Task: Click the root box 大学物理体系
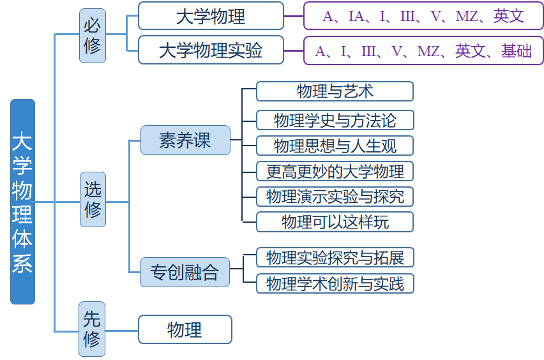[22, 201]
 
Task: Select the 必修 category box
[93, 36]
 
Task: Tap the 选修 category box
[93, 199]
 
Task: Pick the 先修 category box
[92, 329]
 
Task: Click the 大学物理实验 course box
[211, 50]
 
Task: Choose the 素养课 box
[185, 140]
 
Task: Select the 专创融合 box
[185, 273]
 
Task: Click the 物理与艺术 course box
[335, 91]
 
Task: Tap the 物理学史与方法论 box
[335, 120]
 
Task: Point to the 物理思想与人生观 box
[335, 146]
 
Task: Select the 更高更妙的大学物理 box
[335, 171]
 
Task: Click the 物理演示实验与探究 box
[335, 196]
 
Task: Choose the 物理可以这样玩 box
[335, 221]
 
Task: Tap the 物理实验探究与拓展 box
[335, 258]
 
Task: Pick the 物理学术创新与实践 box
[335, 283]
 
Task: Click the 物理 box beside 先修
[185, 329]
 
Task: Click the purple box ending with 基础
[423, 51]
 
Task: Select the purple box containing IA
[423, 16]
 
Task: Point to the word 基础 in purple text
[517, 51]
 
